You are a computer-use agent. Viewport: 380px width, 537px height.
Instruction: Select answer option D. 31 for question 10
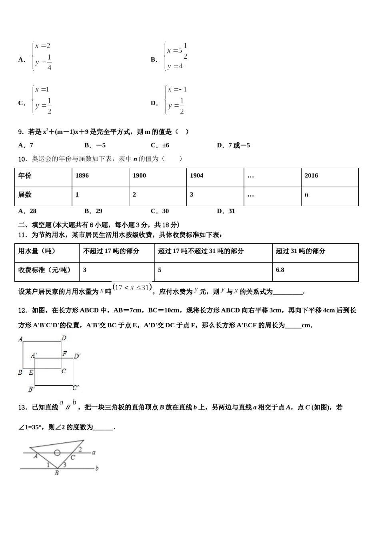[226, 211]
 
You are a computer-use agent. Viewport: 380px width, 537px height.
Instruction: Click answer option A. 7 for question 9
[26, 145]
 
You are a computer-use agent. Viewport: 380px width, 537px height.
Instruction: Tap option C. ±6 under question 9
[160, 145]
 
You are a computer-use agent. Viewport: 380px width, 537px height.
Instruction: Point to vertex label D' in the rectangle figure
[77, 356]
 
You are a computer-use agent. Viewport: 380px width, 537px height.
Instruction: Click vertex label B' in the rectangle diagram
[31, 389]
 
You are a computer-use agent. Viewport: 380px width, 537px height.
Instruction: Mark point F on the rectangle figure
[64, 354]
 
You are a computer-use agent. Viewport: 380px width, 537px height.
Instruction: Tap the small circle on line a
[57, 453]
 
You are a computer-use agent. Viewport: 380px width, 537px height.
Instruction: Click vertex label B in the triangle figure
[57, 473]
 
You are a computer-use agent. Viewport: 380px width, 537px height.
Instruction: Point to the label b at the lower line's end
[97, 468]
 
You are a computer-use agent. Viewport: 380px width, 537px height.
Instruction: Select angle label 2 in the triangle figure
[80, 449]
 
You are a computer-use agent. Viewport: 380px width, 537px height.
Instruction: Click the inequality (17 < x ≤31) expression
[132, 287]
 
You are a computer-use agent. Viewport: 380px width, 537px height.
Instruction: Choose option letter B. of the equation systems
[154, 60]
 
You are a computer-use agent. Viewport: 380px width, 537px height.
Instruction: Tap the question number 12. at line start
[22, 310]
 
